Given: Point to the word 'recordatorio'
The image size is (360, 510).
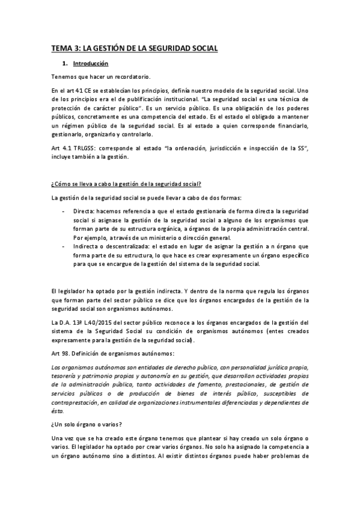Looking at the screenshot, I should tap(133, 76).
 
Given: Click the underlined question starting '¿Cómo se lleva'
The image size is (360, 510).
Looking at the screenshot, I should tap(126, 183).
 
